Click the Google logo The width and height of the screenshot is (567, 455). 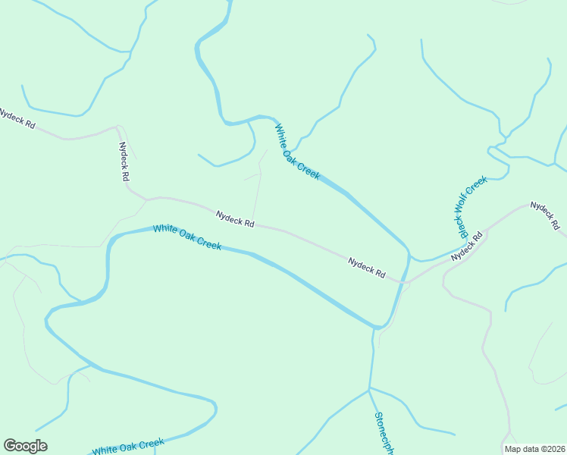point(25,446)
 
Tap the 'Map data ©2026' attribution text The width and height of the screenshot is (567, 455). point(535,449)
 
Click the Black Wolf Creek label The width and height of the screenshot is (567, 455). point(471,206)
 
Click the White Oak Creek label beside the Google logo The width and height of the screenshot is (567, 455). point(128,447)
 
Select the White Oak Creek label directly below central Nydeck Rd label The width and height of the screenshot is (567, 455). point(187,237)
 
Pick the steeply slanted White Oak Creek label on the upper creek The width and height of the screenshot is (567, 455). point(297,152)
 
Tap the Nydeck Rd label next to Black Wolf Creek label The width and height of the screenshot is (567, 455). point(467,247)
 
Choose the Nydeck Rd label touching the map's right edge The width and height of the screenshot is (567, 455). point(545,215)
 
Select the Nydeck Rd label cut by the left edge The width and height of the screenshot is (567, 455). point(17,118)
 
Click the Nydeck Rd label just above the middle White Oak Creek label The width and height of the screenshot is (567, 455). point(235,219)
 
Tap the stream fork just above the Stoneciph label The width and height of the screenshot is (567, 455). point(369,389)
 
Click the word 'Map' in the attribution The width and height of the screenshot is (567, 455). point(513,449)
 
